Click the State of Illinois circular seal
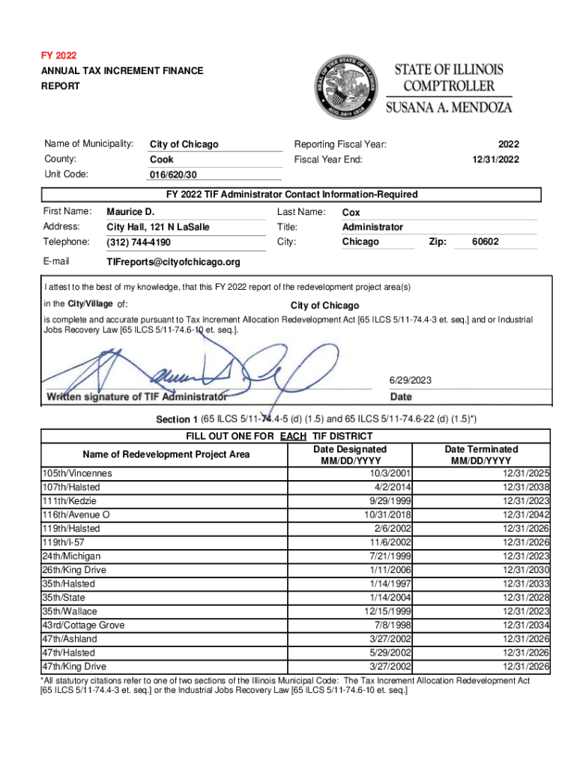point(346,87)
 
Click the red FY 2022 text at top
point(58,56)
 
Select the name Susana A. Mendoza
point(449,106)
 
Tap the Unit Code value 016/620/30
point(173,175)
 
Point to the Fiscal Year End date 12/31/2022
point(496,159)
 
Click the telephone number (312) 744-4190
point(139,243)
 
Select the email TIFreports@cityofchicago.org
point(174,262)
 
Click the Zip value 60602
point(485,242)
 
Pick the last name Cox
point(351,213)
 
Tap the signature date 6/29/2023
point(411,381)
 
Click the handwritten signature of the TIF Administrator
point(187,367)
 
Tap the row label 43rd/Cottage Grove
point(83,625)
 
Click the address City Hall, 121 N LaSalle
point(158,227)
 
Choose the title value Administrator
point(372,227)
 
